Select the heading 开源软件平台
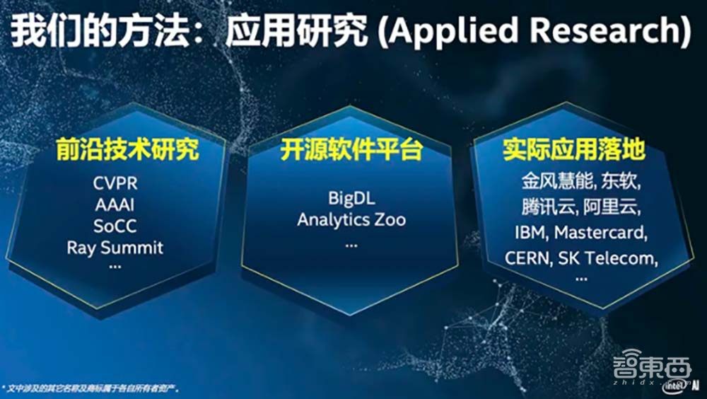point(351,151)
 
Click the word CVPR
point(116,184)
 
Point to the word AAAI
point(115,205)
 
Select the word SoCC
point(115,226)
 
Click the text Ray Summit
point(115,248)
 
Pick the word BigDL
point(351,197)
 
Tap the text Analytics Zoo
point(351,219)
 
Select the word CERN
point(527,258)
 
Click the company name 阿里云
point(614,207)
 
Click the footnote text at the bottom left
point(91,388)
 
